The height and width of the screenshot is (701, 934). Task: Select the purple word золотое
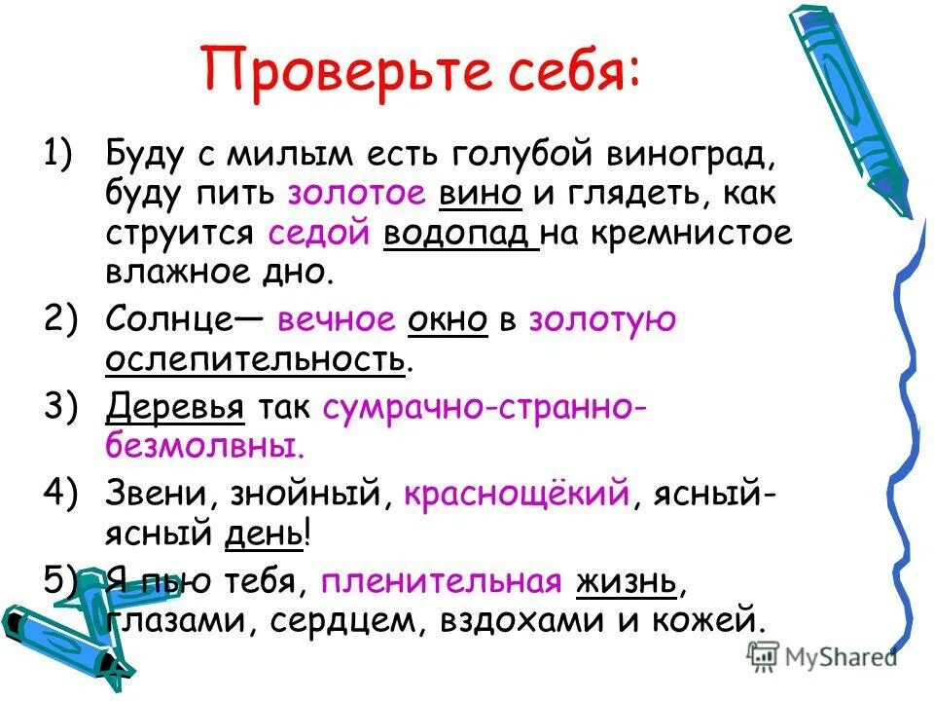tap(356, 193)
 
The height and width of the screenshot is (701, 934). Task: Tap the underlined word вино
tap(481, 193)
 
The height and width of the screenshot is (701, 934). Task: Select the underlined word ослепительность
tap(255, 360)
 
